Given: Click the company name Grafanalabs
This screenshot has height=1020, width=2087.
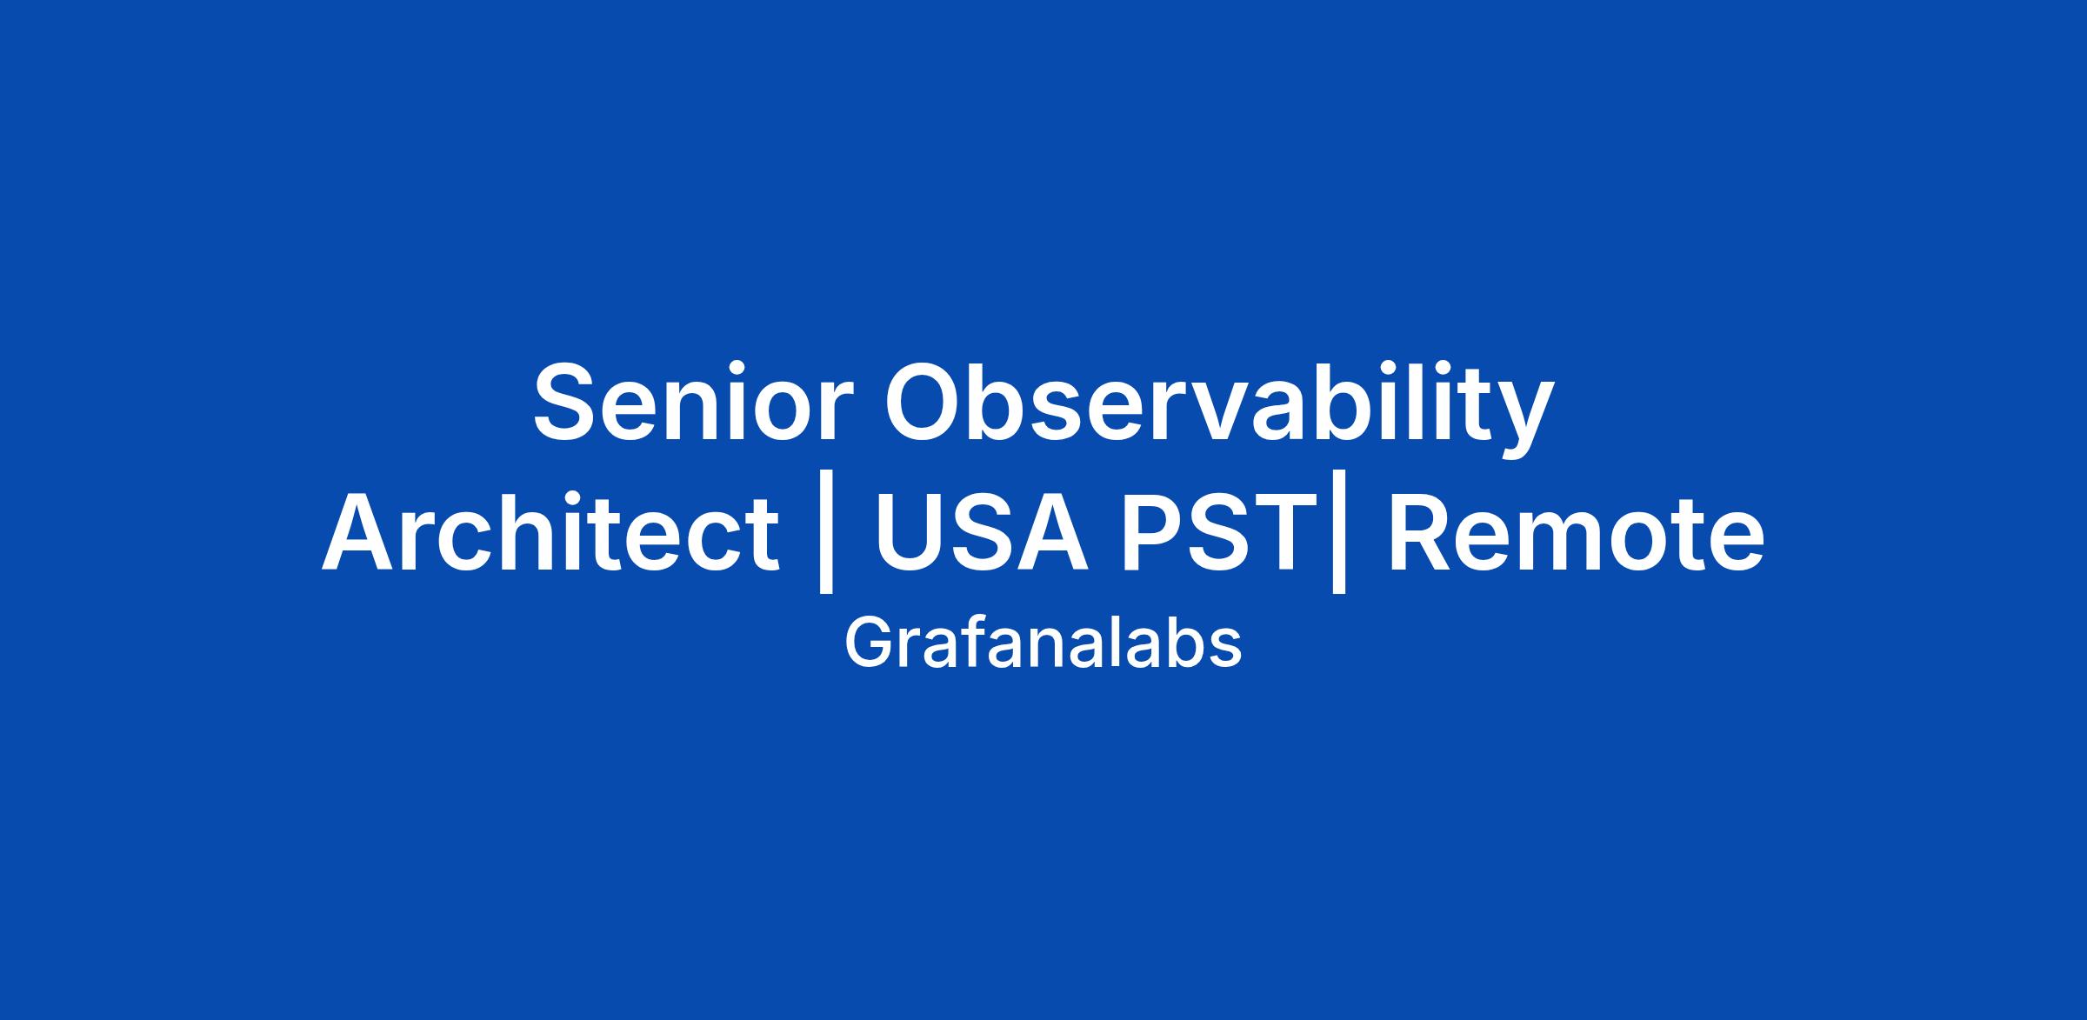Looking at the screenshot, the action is (x=1043, y=643).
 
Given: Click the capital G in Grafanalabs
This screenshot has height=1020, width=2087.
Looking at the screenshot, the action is (x=868, y=643).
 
